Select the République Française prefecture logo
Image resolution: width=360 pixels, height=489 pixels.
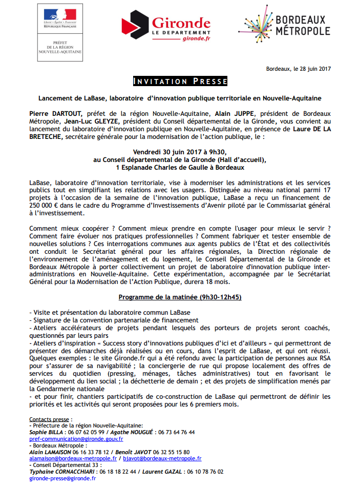(x=60, y=31)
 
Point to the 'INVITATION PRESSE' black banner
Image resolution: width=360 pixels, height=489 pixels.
(x=180, y=81)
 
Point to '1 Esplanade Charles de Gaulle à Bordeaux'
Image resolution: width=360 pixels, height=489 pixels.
(x=180, y=167)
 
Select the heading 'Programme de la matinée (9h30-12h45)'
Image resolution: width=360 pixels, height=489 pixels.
(x=180, y=297)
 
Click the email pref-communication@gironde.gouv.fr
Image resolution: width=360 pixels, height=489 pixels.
(x=76, y=439)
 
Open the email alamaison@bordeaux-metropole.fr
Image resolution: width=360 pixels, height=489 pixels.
(x=73, y=458)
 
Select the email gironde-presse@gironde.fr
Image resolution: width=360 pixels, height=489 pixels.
(x=62, y=478)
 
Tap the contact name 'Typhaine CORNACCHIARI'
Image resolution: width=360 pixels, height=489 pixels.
(x=64, y=471)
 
